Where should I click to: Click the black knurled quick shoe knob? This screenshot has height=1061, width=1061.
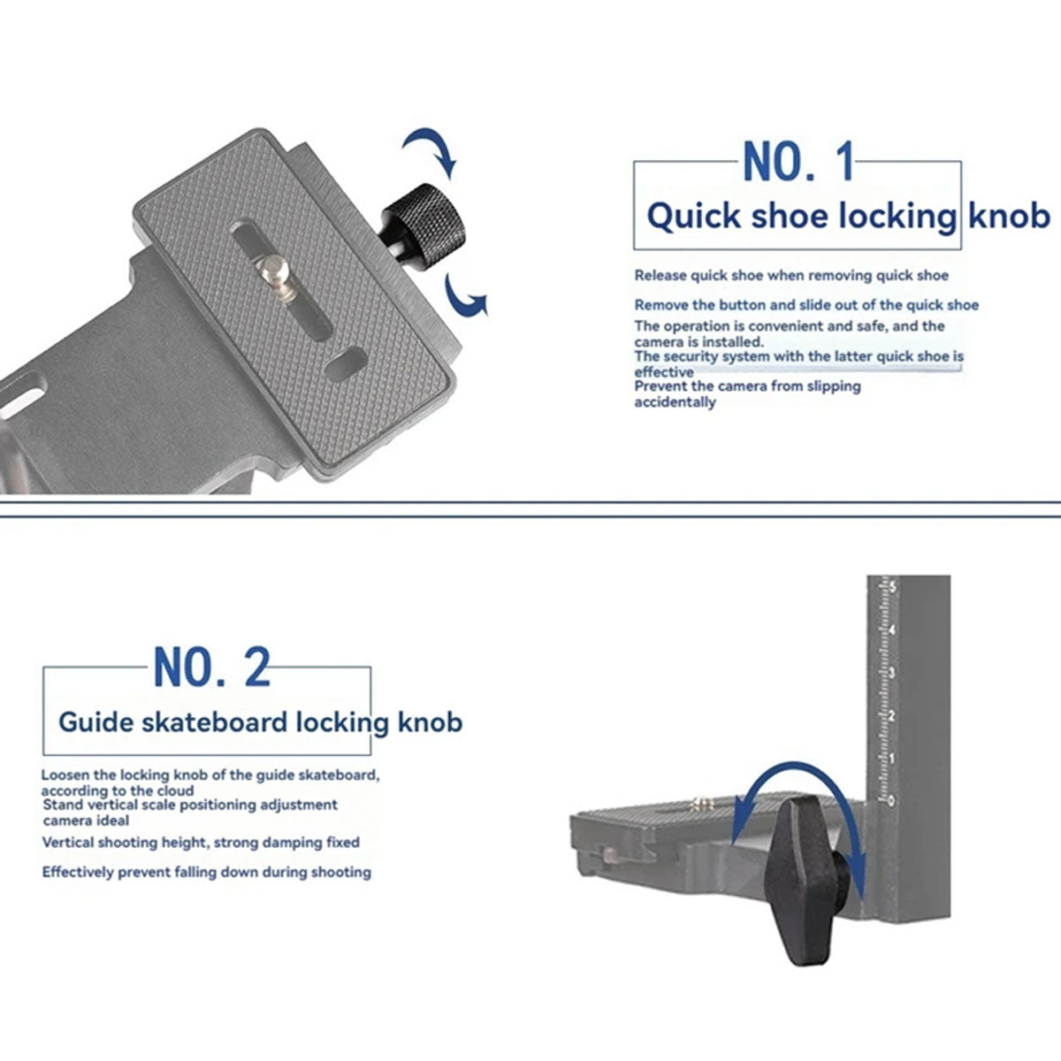click(x=424, y=225)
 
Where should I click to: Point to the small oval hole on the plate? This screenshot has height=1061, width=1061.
click(x=345, y=364)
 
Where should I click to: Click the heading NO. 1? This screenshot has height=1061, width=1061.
click(x=798, y=161)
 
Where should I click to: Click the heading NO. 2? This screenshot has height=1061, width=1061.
click(x=212, y=667)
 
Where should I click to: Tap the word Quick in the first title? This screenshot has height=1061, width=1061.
click(x=694, y=216)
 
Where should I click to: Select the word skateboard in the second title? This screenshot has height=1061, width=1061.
click(x=214, y=721)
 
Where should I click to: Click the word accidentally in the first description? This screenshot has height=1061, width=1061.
click(x=675, y=402)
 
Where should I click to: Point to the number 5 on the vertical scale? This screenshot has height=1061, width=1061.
click(x=892, y=587)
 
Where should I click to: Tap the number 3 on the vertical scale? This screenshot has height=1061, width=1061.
click(x=892, y=673)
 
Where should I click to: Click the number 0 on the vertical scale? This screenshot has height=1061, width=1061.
click(x=891, y=800)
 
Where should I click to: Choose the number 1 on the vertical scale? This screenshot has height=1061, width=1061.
click(x=891, y=758)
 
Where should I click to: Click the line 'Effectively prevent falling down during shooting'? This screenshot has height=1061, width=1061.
click(x=207, y=872)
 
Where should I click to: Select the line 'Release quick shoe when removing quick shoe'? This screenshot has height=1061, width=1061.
click(x=791, y=275)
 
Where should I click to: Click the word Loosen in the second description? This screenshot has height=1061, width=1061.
click(x=65, y=775)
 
